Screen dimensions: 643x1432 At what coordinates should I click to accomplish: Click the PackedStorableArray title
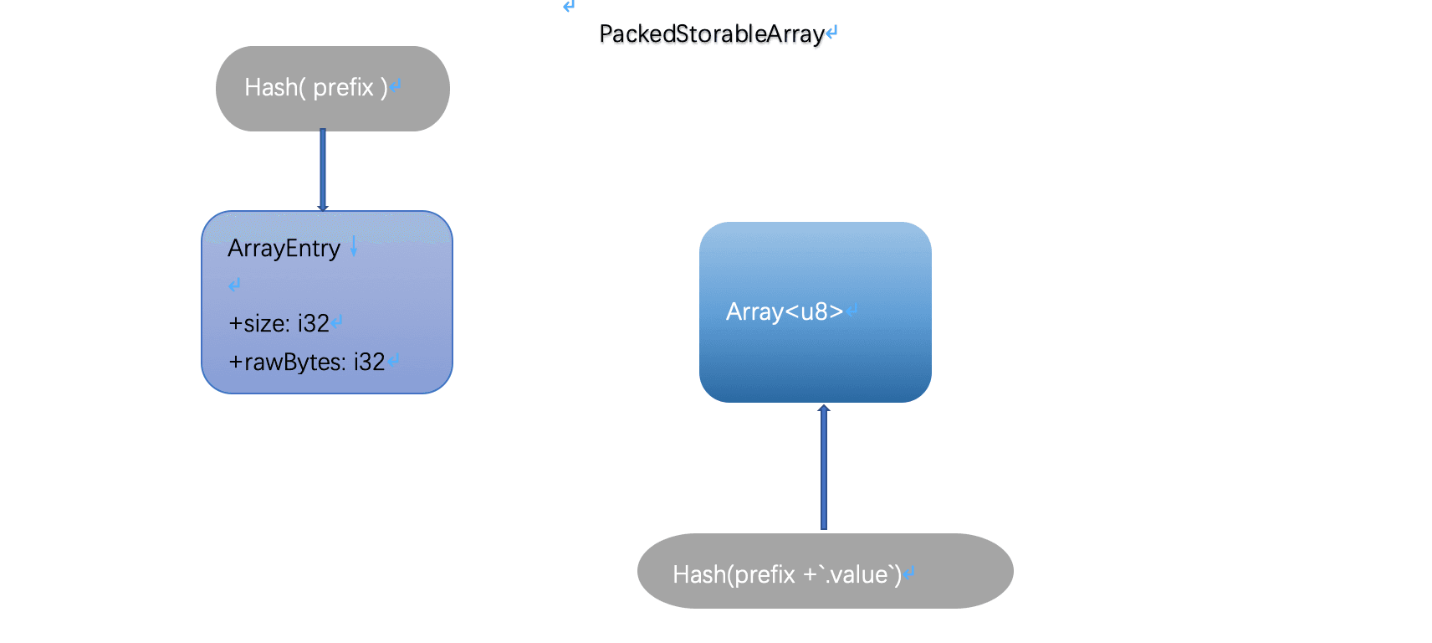[711, 33]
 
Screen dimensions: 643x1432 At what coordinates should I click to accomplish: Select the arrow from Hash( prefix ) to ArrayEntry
[323, 167]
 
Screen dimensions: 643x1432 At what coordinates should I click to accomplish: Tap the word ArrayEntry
[284, 249]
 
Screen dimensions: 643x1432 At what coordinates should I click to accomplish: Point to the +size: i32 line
[279, 323]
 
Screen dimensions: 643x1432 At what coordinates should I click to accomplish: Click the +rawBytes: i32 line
[306, 362]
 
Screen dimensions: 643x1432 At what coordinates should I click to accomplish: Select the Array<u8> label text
[784, 311]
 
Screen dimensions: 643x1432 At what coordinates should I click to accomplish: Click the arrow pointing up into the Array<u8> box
[824, 469]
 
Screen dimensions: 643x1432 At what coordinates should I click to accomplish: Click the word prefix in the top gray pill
[343, 87]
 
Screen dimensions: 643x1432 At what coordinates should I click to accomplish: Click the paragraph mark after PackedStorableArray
[831, 33]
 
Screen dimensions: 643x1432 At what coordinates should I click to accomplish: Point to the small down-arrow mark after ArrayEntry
[354, 246]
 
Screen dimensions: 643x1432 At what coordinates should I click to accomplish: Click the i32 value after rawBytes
[369, 362]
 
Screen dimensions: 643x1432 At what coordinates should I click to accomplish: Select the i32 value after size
[314, 323]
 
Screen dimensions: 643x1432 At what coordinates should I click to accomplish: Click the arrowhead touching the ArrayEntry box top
[323, 208]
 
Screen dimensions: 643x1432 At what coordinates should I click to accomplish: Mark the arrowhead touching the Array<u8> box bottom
[824, 409]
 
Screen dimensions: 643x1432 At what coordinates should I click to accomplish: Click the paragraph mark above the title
[569, 7]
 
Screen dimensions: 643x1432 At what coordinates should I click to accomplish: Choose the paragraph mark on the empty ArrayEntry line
[234, 285]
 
